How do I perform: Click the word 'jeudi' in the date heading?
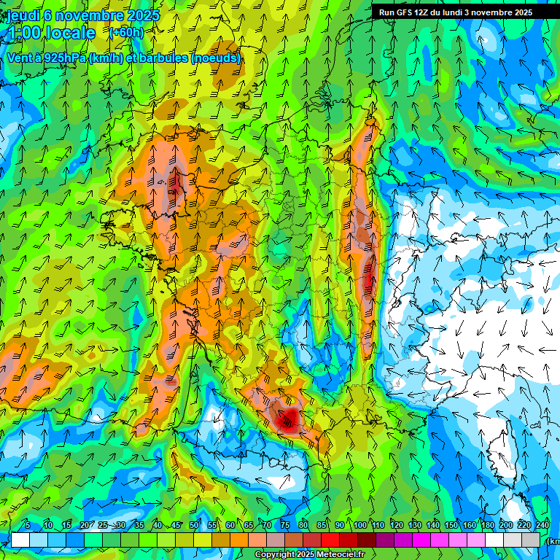pyautogui.click(x=23, y=15)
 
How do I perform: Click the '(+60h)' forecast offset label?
pyautogui.click(x=126, y=32)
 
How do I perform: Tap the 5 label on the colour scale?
pyautogui.click(x=28, y=526)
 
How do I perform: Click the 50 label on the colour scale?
pyautogui.click(x=194, y=526)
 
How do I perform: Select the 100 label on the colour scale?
pyautogui.click(x=359, y=526)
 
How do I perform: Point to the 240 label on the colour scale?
pyautogui.click(x=542, y=526)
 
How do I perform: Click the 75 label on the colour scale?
pyautogui.click(x=285, y=526)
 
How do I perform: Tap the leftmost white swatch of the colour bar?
pyautogui.click(x=20, y=540)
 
